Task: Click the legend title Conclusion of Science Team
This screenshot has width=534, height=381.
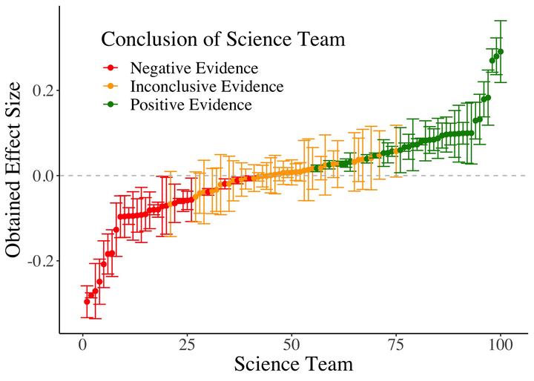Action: [223, 39]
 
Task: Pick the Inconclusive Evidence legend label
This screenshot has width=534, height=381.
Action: [206, 87]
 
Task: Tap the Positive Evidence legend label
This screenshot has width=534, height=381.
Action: [191, 105]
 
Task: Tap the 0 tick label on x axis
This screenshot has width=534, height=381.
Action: [83, 346]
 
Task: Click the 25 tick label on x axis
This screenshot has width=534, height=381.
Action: [187, 346]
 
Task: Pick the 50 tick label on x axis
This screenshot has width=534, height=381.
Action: [291, 346]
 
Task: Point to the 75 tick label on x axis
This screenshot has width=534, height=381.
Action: [396, 346]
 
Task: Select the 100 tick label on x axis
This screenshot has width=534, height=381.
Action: [501, 346]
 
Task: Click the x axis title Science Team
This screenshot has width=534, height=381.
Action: [293, 365]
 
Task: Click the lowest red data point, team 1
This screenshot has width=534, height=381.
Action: [87, 302]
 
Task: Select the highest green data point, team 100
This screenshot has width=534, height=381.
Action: [501, 52]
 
